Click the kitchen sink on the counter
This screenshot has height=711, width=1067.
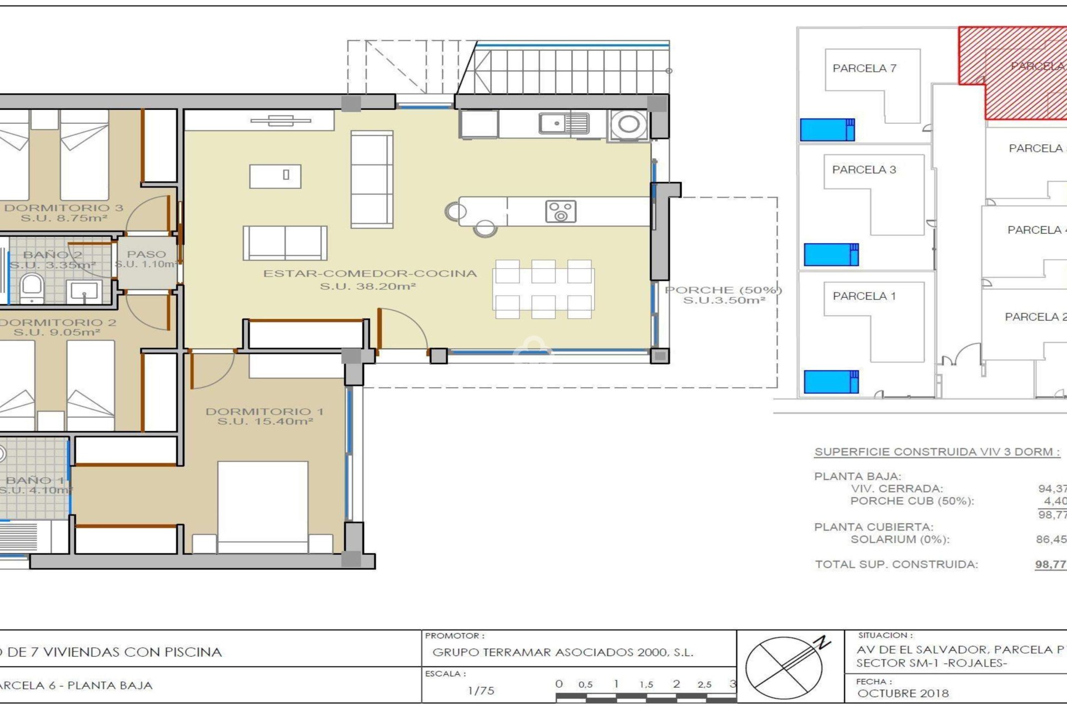[564, 123]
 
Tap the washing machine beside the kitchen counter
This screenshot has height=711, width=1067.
[629, 124]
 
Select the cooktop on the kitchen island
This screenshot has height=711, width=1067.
[560, 212]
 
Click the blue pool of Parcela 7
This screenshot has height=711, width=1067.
[826, 130]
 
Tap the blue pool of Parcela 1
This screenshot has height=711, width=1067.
[830, 382]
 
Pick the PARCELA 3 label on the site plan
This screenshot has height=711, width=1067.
[864, 170]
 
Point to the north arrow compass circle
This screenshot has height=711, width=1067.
[784, 668]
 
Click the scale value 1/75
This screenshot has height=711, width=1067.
[480, 690]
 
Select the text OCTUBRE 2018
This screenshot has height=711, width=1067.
[903, 693]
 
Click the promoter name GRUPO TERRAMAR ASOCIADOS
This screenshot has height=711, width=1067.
[562, 652]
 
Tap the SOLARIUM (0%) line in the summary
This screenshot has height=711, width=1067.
[900, 539]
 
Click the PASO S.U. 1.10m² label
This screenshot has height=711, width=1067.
[146, 259]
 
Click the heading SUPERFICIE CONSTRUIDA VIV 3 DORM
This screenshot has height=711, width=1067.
[937, 452]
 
